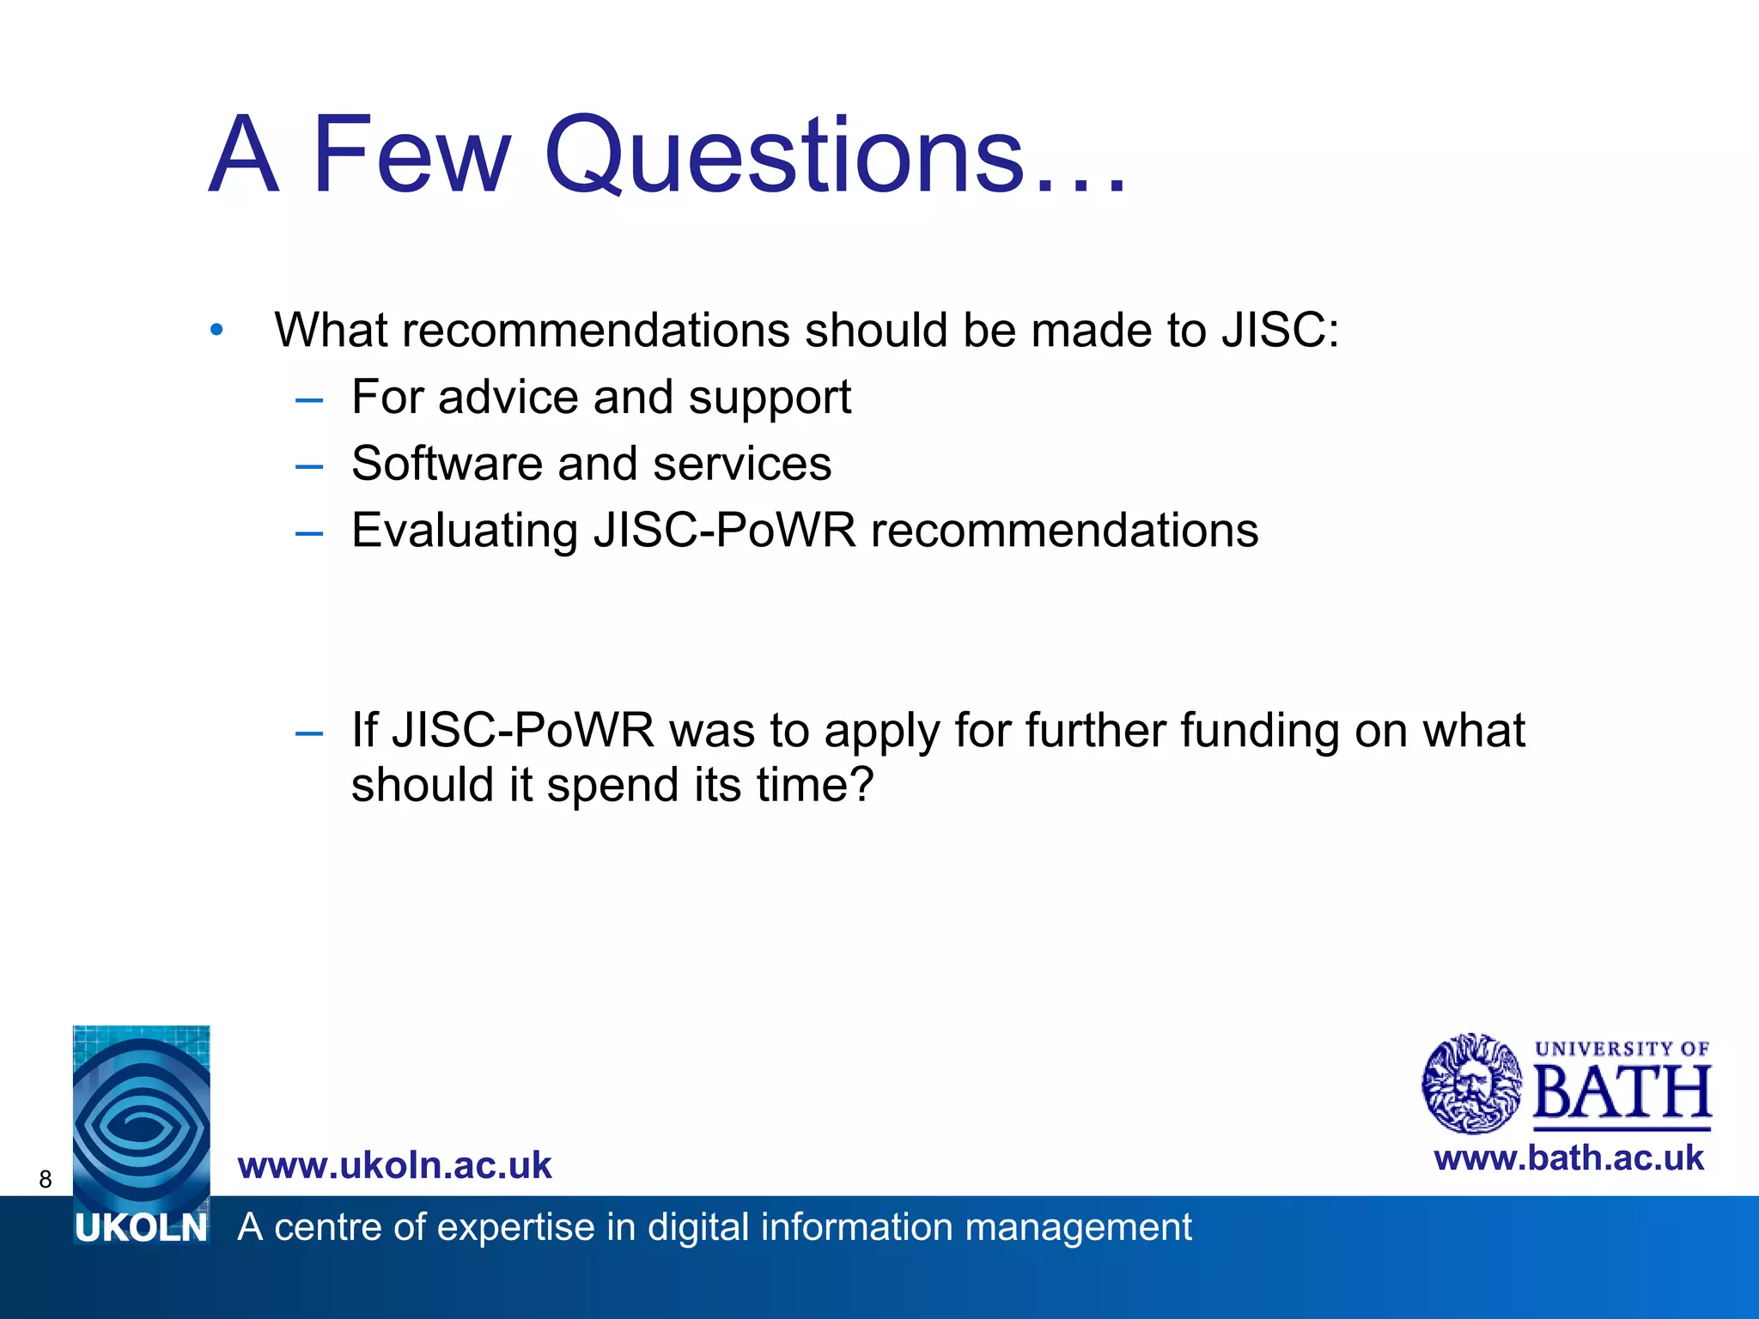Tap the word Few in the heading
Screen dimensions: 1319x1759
(x=411, y=155)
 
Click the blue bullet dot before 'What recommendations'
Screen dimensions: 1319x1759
(x=216, y=330)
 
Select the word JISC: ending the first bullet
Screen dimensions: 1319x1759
(x=1281, y=330)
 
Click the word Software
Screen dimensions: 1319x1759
(x=446, y=464)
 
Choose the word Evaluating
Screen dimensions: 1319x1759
(x=464, y=531)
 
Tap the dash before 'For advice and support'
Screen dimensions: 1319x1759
(x=308, y=399)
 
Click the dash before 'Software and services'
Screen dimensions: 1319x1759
(x=308, y=466)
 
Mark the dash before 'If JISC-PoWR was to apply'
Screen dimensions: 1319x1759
(x=308, y=733)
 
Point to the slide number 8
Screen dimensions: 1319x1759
(x=46, y=1179)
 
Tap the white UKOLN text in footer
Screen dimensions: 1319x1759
(x=141, y=1229)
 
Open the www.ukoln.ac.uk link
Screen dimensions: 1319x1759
(x=394, y=1165)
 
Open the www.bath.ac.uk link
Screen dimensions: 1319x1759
(x=1568, y=1158)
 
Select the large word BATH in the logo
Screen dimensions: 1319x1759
(x=1622, y=1093)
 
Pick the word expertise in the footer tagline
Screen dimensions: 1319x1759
(x=509, y=1227)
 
